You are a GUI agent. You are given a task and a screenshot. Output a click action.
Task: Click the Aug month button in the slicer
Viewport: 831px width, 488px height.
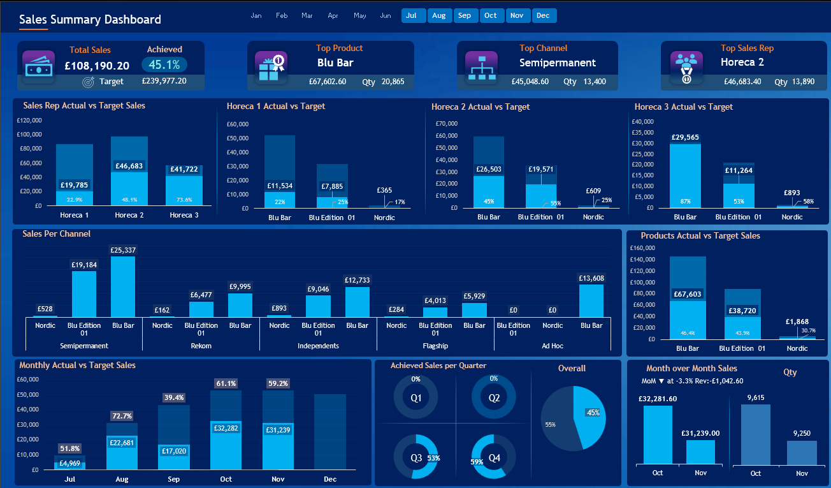(439, 15)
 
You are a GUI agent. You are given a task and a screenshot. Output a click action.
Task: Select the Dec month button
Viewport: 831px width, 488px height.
(543, 15)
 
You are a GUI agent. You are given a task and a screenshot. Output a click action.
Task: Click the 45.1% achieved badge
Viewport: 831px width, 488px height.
(164, 64)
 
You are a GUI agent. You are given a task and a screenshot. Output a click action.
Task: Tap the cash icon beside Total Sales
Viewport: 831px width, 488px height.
(39, 66)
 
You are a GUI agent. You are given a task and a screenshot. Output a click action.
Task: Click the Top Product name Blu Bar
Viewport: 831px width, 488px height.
(335, 63)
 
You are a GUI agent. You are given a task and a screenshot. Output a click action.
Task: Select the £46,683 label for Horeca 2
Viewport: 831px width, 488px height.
(129, 166)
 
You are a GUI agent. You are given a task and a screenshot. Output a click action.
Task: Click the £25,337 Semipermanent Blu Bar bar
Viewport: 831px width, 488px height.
(123, 286)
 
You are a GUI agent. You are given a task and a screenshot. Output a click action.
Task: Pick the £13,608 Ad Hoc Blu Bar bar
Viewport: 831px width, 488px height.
(591, 300)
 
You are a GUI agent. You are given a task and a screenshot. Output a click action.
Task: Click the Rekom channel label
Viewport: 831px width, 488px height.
(201, 346)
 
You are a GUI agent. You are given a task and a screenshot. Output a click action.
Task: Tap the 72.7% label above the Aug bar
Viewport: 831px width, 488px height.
(122, 416)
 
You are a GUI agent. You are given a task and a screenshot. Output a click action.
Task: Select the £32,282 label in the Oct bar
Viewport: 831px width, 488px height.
(226, 428)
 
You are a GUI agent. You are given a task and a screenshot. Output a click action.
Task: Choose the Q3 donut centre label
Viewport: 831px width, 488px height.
(415, 457)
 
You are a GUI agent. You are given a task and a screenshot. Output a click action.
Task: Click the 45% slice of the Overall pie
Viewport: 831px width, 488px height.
(590, 415)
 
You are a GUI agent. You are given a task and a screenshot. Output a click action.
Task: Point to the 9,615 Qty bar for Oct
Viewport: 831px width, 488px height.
(755, 434)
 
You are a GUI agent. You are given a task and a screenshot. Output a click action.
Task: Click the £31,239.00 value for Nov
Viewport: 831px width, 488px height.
(700, 433)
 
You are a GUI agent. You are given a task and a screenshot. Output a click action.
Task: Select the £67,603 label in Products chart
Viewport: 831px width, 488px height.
(688, 294)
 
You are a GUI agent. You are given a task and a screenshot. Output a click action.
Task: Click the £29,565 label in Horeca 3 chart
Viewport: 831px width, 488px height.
(685, 137)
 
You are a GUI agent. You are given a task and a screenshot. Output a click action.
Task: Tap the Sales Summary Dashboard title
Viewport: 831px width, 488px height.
(90, 20)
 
